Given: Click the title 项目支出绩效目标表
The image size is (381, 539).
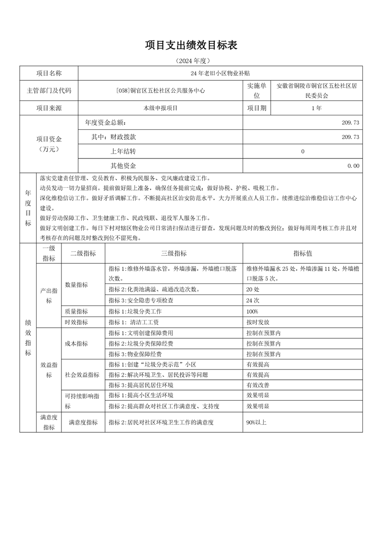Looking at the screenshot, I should (191, 46).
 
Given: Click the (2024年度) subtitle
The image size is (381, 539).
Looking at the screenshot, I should (191, 61).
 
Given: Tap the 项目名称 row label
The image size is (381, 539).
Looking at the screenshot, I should (49, 73).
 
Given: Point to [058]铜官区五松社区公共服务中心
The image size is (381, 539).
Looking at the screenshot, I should (160, 90).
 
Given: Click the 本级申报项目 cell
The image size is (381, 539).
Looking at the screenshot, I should (160, 108).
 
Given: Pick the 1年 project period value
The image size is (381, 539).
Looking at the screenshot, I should (316, 108).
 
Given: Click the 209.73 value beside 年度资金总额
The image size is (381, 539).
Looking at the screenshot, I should (350, 122).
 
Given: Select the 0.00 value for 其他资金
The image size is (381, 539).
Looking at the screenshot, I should (353, 166).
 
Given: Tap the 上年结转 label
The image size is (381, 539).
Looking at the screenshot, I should (123, 151).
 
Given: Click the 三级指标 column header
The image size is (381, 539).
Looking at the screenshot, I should (174, 254).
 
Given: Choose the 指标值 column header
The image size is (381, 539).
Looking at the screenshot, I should (303, 254).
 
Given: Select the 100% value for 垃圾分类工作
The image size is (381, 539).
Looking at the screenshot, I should (252, 311).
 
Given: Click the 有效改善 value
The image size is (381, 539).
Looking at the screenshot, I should (258, 385).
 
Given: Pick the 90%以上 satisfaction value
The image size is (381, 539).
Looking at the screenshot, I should (256, 422).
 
